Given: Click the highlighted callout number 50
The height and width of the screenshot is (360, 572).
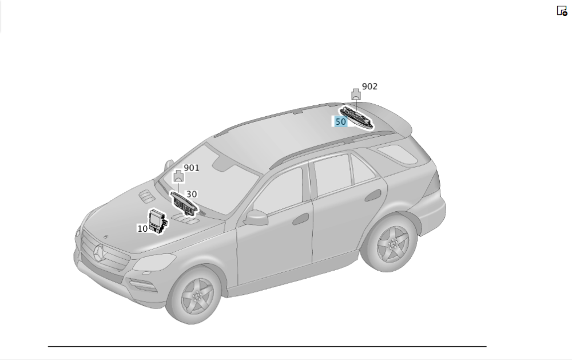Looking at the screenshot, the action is [x=340, y=121].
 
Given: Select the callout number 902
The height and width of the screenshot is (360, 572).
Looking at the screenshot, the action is [x=370, y=86].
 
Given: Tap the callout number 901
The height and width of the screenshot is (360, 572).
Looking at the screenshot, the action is [x=192, y=168].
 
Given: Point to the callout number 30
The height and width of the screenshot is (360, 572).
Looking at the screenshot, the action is [x=192, y=194].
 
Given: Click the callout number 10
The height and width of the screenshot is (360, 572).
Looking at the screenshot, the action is [x=142, y=228].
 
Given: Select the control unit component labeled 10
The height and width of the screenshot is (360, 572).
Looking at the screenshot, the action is [x=158, y=221].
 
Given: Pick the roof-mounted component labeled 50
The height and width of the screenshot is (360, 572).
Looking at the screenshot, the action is [x=357, y=117].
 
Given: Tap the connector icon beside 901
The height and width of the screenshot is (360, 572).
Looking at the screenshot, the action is [x=178, y=176].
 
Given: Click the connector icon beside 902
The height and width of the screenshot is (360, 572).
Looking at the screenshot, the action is [x=356, y=94].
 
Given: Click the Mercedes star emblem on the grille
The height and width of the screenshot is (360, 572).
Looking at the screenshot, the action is [x=99, y=252].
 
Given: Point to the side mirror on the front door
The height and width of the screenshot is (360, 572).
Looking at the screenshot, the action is [x=256, y=217].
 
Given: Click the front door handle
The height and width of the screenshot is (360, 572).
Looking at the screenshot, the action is [x=301, y=219].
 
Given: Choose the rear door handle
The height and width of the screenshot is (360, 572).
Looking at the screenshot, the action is [x=373, y=195].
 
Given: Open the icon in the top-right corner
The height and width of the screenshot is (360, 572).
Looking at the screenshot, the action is [x=562, y=10].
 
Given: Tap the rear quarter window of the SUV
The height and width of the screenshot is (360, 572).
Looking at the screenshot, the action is [x=397, y=154].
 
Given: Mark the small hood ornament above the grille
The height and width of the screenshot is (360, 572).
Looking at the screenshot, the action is [x=106, y=237].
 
